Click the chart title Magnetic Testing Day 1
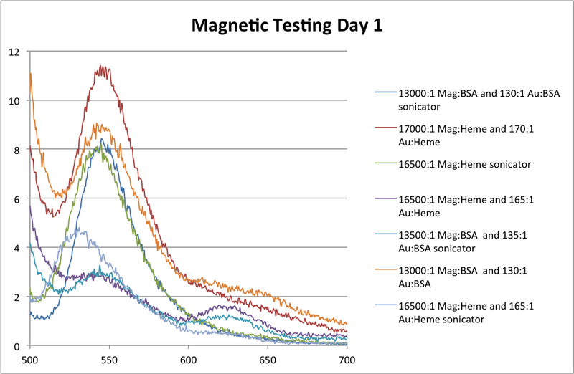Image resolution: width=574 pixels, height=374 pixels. pos(286,26)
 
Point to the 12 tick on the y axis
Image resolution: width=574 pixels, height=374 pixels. pos(14,52)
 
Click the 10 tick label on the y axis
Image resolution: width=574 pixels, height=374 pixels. pos(14,100)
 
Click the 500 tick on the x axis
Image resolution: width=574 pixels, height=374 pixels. pos(29,357)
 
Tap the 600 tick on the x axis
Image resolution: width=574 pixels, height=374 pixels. pos(189,357)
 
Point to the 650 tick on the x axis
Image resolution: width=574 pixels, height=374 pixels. pos(268,357)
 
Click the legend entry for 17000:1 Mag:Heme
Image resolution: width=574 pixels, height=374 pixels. pos(444,136)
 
